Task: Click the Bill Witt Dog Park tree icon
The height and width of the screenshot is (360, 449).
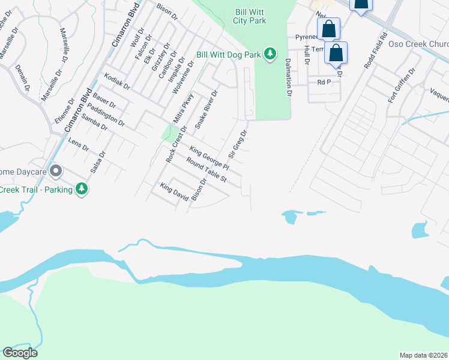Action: (x=271, y=55)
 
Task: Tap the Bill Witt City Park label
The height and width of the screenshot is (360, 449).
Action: (x=249, y=16)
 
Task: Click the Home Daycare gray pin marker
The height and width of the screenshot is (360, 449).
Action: (x=56, y=172)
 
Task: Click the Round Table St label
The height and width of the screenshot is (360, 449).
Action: (x=206, y=170)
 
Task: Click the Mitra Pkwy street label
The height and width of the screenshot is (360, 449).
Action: (x=184, y=108)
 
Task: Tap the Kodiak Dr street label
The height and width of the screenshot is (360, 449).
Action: (x=117, y=82)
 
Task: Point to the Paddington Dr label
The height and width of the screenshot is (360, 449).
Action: (x=106, y=115)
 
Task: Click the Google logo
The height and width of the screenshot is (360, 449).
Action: (x=20, y=353)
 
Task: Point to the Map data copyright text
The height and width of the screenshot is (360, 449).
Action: (x=423, y=355)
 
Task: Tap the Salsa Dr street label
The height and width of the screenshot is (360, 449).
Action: (x=98, y=162)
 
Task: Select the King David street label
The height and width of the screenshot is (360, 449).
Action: (x=174, y=193)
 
